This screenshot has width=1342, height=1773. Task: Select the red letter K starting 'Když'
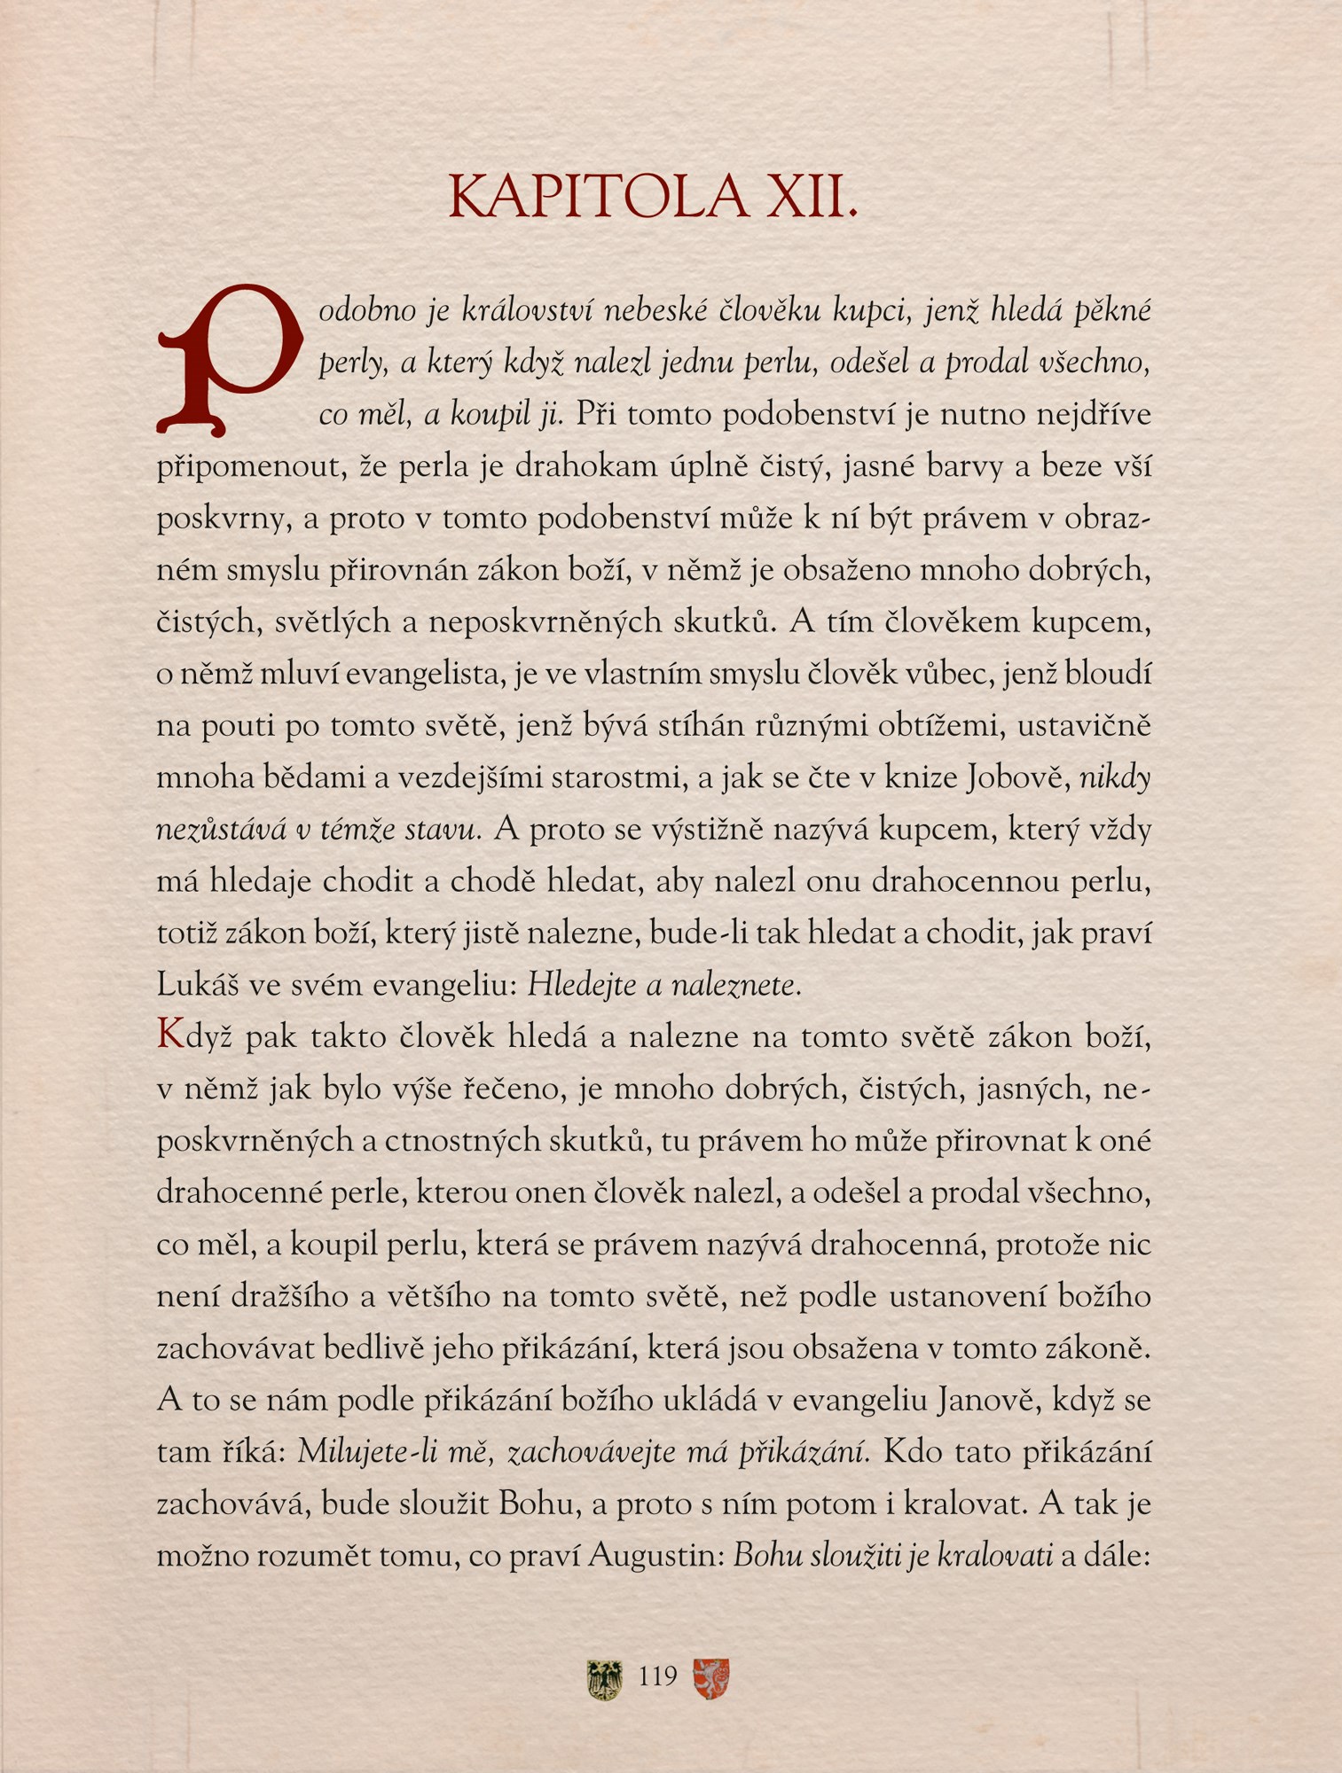tap(169, 1035)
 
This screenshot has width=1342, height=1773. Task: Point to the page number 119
tap(657, 1676)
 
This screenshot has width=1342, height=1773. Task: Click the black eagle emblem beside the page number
tap(605, 1679)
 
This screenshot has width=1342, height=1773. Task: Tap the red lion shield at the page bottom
tap(710, 1678)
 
